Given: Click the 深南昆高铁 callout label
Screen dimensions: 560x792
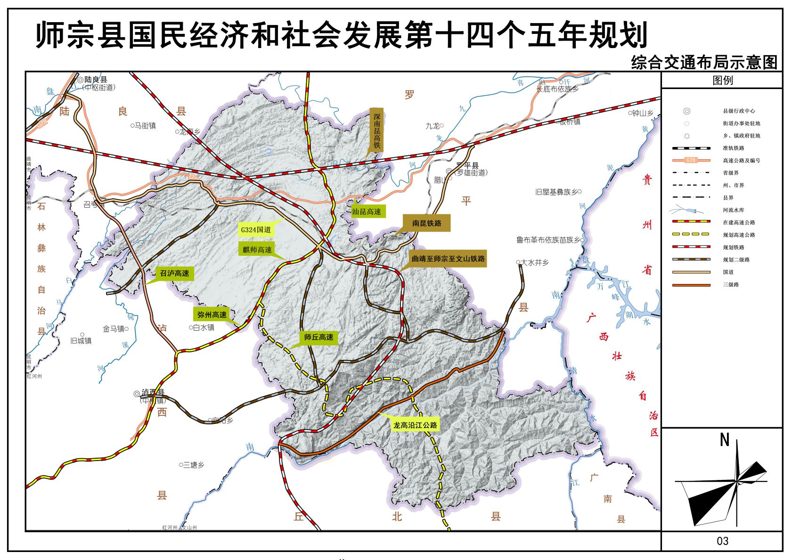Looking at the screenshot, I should coord(376,130).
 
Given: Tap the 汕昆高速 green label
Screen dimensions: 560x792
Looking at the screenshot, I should coord(366,211).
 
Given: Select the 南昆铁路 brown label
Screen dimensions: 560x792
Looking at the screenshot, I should coord(426,223).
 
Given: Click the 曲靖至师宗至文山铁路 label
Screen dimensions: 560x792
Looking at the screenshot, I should coord(448,259).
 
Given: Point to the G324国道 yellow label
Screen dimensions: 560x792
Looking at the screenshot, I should coord(256,230).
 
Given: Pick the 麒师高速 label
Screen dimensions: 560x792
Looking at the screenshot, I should coord(257,250).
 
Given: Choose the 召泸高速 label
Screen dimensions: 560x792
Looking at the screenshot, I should coord(174,273).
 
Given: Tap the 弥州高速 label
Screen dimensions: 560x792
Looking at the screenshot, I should coord(212,315).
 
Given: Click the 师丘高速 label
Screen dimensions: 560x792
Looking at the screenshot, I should coord(318,337).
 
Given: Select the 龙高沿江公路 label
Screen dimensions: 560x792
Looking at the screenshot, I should coord(415,425).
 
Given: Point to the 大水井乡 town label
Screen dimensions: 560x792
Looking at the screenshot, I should coord(534,262).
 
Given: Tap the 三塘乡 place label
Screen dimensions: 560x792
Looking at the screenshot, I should coord(193,465).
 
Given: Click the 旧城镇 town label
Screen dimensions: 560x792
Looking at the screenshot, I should coord(81,341).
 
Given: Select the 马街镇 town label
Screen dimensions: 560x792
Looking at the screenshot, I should coord(145,126).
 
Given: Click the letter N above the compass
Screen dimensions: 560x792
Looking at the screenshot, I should coord(725,440).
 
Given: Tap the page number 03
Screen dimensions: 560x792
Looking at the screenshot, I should coord(722,541).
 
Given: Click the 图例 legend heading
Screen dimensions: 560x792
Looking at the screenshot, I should coord(722,80).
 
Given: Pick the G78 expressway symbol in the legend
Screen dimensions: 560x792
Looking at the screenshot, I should coord(691,160).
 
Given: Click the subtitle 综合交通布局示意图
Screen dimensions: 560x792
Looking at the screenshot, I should coord(704,63).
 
